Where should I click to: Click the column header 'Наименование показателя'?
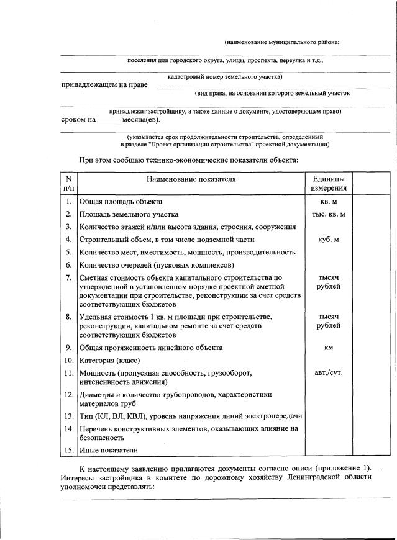tap(191, 180)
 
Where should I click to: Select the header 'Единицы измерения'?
tap(329, 184)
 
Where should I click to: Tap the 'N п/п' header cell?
tap(68, 184)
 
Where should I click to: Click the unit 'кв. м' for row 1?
tap(329, 202)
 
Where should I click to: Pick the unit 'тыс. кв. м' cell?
tap(329, 214)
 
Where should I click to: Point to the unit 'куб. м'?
tap(329, 240)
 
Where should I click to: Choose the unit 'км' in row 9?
tap(329, 348)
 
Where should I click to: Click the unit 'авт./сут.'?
tap(329, 373)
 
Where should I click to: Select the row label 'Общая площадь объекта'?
tap(121, 202)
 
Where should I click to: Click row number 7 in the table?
tap(68, 277)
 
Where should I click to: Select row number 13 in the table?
tap(68, 416)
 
